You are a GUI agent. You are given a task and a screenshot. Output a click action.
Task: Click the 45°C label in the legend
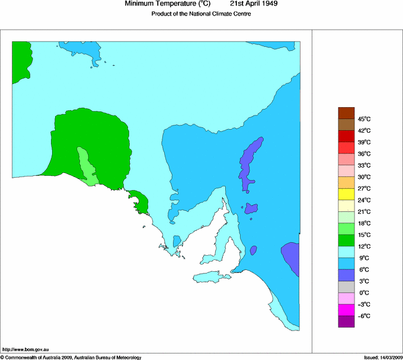(363, 119)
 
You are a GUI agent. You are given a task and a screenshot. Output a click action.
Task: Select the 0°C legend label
(363, 293)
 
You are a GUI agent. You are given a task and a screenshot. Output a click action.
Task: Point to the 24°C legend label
(363, 200)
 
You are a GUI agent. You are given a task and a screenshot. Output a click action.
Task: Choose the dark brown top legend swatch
(346, 113)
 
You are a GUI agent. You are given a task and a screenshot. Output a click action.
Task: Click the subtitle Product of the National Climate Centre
(201, 14)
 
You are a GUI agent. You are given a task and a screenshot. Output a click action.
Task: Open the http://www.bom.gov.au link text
(25, 350)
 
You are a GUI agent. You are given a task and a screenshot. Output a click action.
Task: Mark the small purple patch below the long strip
(251, 209)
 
